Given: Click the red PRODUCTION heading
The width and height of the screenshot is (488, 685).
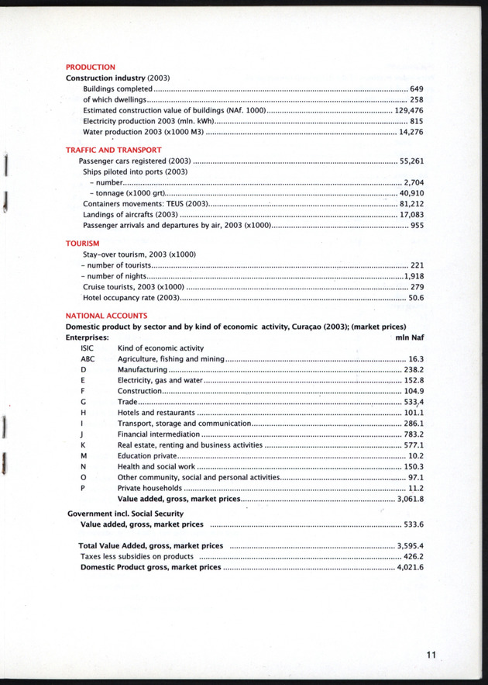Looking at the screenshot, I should (x=91, y=67).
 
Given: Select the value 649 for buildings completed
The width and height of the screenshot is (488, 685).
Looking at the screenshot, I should (x=417, y=89).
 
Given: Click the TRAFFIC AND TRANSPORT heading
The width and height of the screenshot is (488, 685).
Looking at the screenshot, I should (x=113, y=150).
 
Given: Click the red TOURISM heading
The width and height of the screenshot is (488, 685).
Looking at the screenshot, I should (x=82, y=244).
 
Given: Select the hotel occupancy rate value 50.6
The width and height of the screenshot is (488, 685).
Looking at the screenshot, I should (x=416, y=298).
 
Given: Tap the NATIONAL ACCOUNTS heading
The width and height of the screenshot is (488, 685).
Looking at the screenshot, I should (x=106, y=316).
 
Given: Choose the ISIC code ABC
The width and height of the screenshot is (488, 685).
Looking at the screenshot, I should (x=88, y=360).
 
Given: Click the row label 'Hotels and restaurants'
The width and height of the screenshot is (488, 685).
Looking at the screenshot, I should (x=156, y=413).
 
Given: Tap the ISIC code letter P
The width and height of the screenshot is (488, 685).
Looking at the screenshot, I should (x=82, y=488).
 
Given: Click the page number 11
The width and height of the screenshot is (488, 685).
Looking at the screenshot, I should (x=431, y=655).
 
